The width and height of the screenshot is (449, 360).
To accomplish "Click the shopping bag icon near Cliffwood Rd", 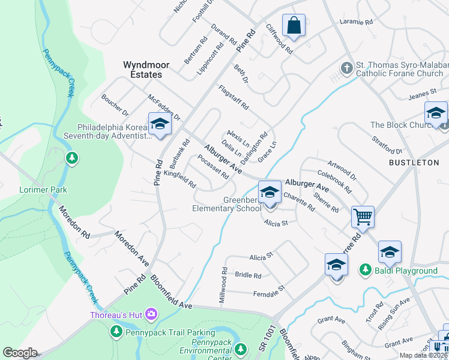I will point(294,26).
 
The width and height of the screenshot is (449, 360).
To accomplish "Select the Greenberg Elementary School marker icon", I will point(270,193).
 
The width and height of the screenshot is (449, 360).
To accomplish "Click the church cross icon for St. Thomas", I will point(347,68).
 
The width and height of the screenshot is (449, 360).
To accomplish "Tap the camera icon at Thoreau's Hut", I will point(151,314).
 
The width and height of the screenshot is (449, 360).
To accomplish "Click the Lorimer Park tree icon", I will point(72,158).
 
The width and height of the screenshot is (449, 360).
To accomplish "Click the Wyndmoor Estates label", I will point(146,70).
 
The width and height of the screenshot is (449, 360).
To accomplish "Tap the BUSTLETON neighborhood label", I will point(414,163).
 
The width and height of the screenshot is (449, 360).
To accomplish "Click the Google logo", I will point(20,353).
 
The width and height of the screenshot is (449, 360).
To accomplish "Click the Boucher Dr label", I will point(115,104).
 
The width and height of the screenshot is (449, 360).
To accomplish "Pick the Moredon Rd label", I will point(74,222).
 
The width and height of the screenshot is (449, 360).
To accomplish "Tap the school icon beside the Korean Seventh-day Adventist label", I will point(160,124).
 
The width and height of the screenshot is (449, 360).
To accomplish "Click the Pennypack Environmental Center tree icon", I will point(241,348).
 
